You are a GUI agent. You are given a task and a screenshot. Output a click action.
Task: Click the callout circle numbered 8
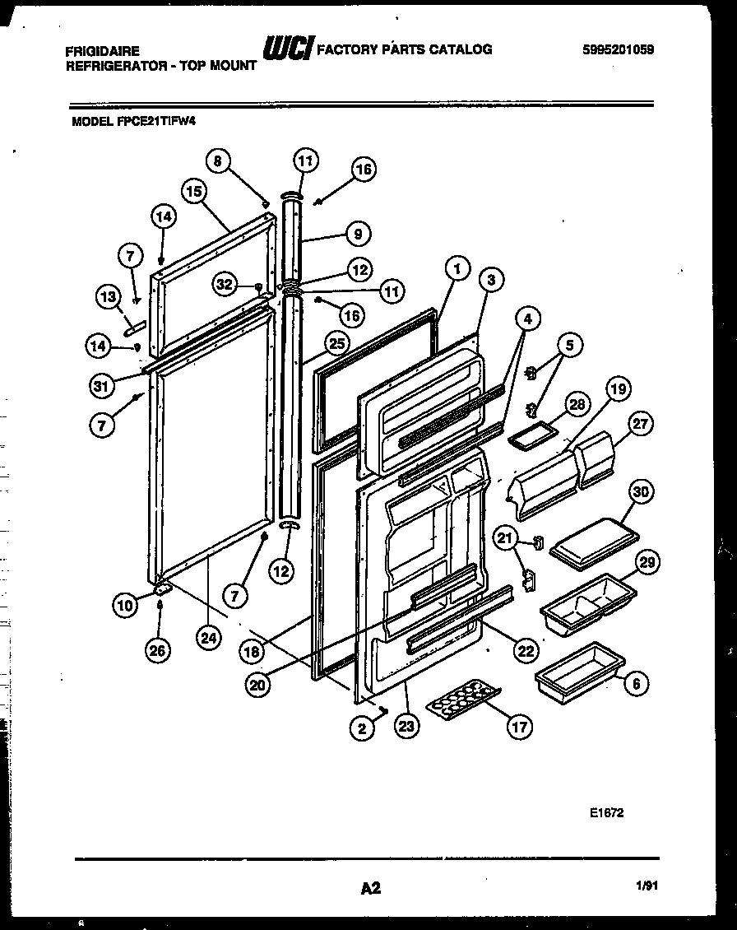coord(217,161)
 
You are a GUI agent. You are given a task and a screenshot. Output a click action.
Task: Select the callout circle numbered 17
coord(519,726)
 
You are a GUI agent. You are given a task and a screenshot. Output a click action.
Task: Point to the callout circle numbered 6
coord(636,682)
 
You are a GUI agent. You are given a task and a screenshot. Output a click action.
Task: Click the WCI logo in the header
coord(287,51)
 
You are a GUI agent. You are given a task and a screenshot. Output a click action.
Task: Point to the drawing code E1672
coord(606,812)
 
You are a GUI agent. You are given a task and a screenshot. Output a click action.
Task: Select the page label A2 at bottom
coord(370,888)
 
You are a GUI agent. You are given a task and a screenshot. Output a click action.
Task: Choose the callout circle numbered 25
coord(336,343)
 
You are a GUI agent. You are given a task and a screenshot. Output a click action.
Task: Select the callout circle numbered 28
coord(577,404)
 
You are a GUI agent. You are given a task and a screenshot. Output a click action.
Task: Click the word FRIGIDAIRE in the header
coord(103,51)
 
